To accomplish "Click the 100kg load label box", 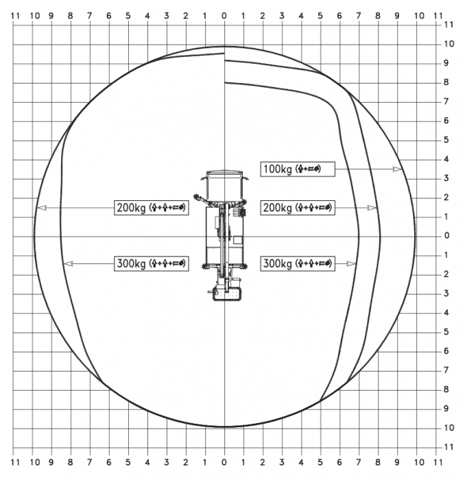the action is click(x=298, y=169).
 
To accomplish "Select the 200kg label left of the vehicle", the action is click(x=152, y=208).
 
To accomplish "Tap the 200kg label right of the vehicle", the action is click(x=298, y=208).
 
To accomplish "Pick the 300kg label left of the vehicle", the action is click(x=152, y=263).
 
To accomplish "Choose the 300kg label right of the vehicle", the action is click(x=298, y=263).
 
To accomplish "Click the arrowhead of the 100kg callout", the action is click(x=397, y=169).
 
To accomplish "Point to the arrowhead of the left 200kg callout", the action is click(x=42, y=208).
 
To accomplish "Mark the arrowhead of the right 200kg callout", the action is click(x=372, y=208).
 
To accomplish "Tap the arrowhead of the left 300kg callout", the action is click(x=68, y=263).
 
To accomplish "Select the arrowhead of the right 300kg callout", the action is click(x=351, y=263).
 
